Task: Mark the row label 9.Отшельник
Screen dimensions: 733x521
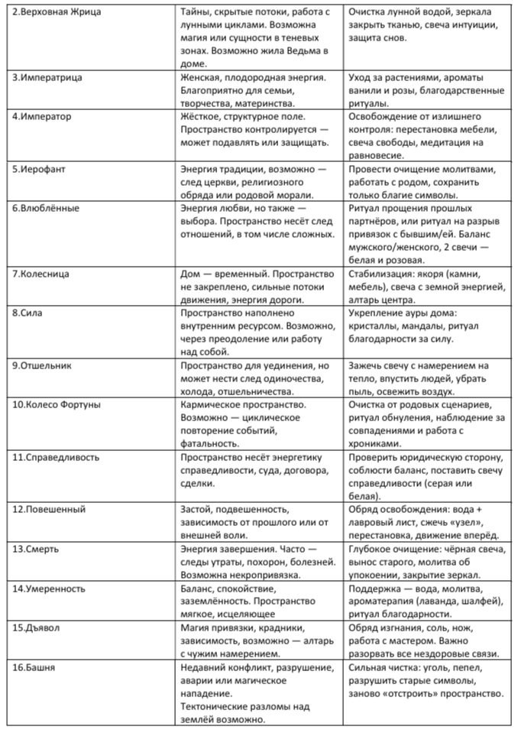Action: tap(47, 365)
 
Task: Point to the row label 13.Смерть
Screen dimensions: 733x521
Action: tap(40, 548)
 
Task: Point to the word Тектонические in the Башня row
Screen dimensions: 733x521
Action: tap(218, 706)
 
